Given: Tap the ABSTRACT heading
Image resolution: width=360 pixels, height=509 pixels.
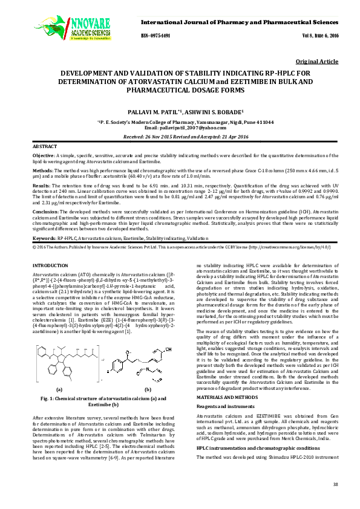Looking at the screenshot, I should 44,147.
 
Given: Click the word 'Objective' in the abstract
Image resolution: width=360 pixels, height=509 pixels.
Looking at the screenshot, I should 42,155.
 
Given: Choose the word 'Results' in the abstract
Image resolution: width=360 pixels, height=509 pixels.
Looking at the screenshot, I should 41,186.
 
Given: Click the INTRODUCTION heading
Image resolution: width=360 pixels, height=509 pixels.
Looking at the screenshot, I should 53,266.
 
